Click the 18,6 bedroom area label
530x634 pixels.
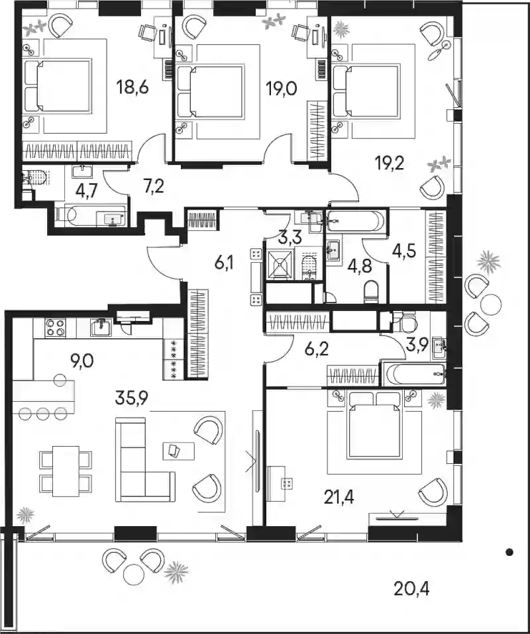pos(132,87)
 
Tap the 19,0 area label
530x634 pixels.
pos(282,88)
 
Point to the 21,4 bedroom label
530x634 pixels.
pos(339,497)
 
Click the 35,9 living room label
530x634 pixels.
pos(132,398)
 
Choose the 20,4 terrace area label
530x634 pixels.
pos(411,589)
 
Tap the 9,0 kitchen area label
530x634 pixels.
pos(82,360)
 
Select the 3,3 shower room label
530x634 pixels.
pos(291,237)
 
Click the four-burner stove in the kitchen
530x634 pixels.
pos(56,328)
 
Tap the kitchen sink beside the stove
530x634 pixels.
pos(101,328)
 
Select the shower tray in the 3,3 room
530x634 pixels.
pos(280,264)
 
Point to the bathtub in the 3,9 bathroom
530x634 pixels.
pos(414,375)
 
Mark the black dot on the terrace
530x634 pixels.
pos(509,551)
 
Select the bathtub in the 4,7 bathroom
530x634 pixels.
pos(91,214)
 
